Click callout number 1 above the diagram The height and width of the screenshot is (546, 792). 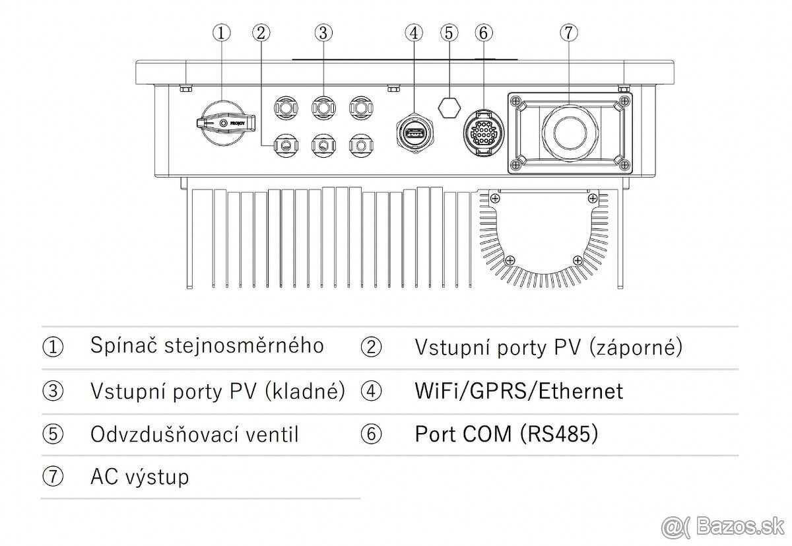click(222, 32)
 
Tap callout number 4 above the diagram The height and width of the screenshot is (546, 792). click(414, 32)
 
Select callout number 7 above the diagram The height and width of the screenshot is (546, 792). click(568, 32)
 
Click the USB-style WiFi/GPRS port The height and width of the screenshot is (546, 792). click(414, 134)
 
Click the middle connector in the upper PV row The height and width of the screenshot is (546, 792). click(323, 106)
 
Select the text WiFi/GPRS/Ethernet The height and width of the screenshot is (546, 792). click(518, 391)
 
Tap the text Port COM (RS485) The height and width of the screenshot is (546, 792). click(506, 434)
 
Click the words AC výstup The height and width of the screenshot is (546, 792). click(139, 477)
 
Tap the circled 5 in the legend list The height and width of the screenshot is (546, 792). click(53, 434)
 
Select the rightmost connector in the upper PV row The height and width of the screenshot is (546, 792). click(360, 106)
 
